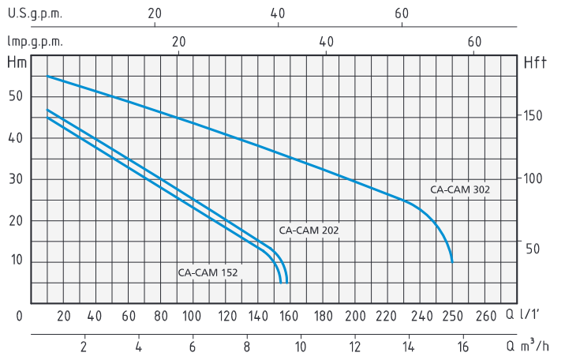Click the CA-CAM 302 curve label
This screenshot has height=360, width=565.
click(x=460, y=189)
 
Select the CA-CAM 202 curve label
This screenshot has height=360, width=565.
click(x=309, y=230)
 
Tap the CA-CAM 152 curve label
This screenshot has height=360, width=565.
click(x=208, y=273)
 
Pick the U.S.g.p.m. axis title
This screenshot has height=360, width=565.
click(x=36, y=13)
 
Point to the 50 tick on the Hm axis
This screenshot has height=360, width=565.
click(x=16, y=97)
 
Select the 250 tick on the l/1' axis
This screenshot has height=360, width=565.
click(x=451, y=316)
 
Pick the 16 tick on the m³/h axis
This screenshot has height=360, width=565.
click(x=463, y=345)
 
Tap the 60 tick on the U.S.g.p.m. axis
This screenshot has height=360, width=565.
click(x=402, y=13)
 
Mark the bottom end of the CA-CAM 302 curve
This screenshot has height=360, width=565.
click(x=452, y=261)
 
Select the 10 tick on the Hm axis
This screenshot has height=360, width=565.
click(x=16, y=261)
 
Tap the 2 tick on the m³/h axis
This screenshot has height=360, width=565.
click(x=84, y=345)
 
